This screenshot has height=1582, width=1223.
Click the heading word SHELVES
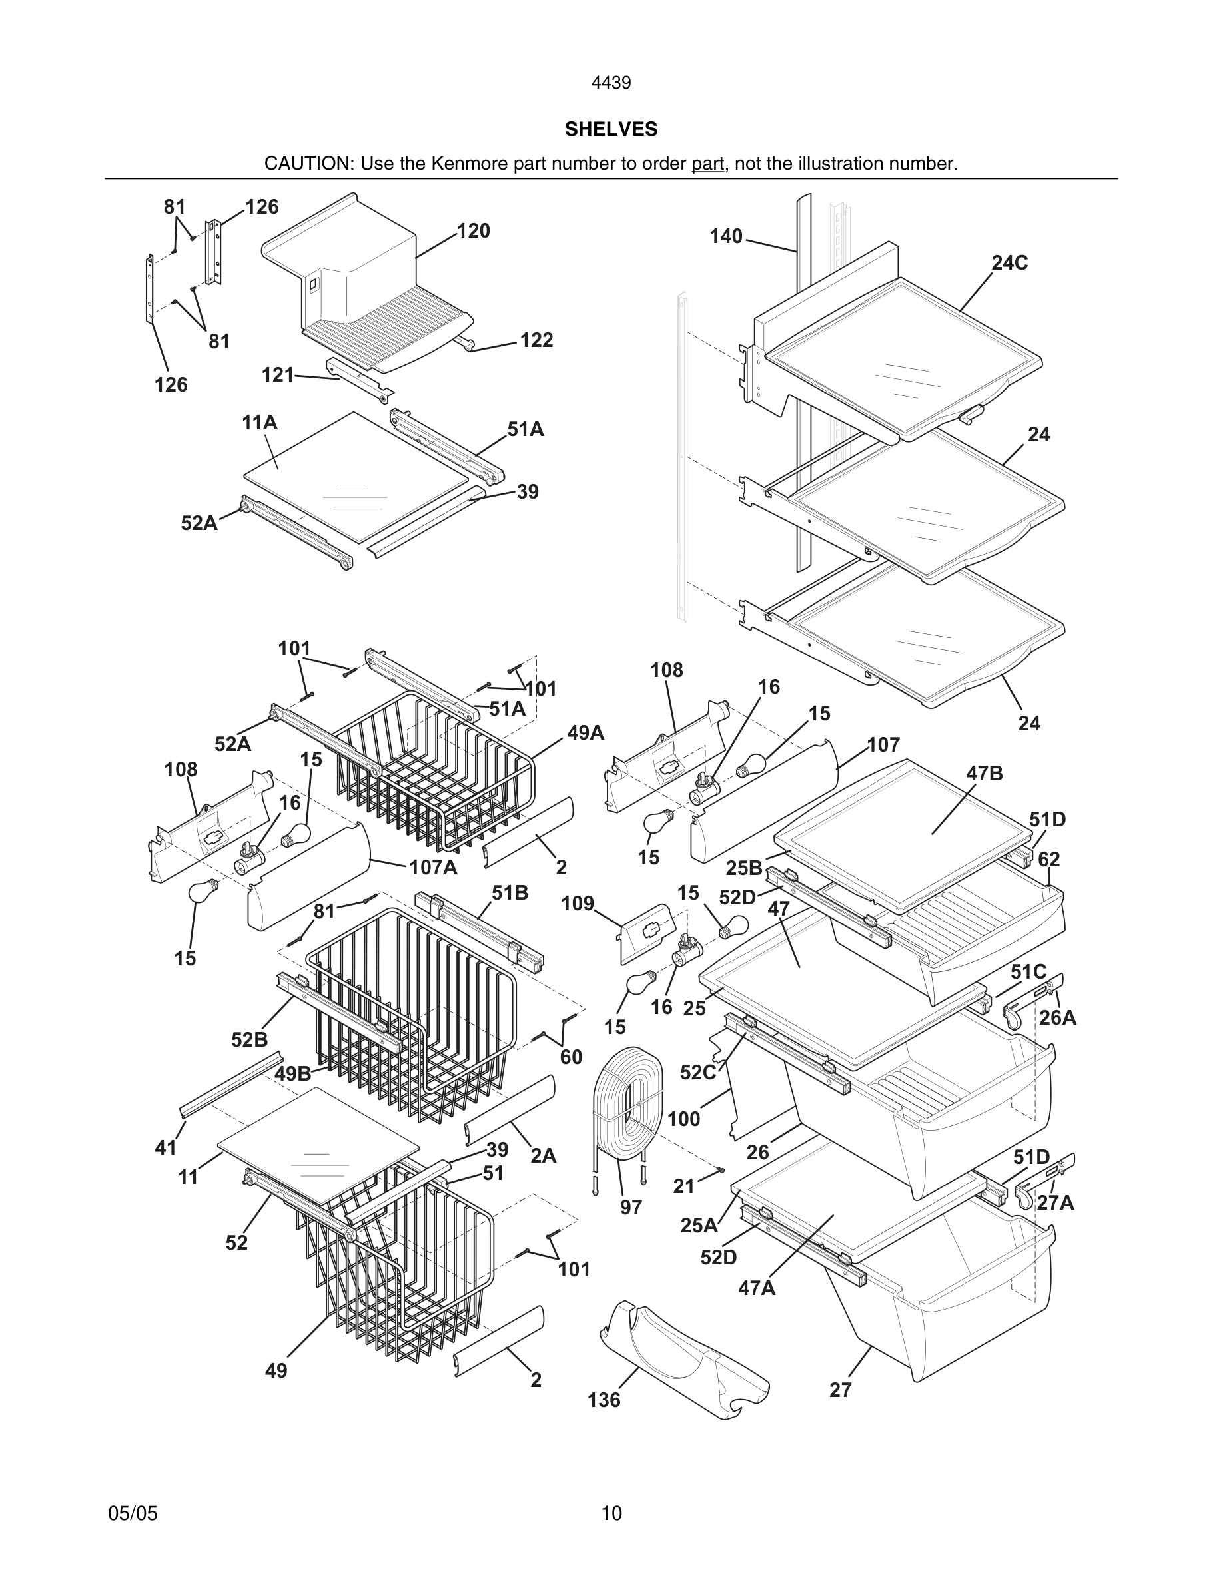click(x=611, y=129)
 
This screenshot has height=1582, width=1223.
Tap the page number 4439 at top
click(x=611, y=83)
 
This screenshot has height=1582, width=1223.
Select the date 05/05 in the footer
click(x=133, y=1513)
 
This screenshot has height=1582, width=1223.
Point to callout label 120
click(x=473, y=231)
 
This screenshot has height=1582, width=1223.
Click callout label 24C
click(x=1009, y=263)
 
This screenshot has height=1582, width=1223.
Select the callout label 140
click(x=726, y=236)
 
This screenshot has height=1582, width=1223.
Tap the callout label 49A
click(x=586, y=733)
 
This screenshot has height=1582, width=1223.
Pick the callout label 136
click(x=604, y=1400)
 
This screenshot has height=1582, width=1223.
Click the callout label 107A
click(x=433, y=867)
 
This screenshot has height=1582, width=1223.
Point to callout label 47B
click(x=984, y=774)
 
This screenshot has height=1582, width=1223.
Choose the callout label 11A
click(x=259, y=422)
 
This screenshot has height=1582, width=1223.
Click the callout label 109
click(x=578, y=904)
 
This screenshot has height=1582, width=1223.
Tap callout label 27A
click(x=1055, y=1203)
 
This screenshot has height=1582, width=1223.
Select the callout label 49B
click(x=292, y=1073)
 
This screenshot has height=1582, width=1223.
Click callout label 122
click(x=536, y=340)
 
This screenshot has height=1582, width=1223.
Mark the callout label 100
click(x=683, y=1119)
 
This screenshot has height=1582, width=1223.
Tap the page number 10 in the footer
click(x=611, y=1513)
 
